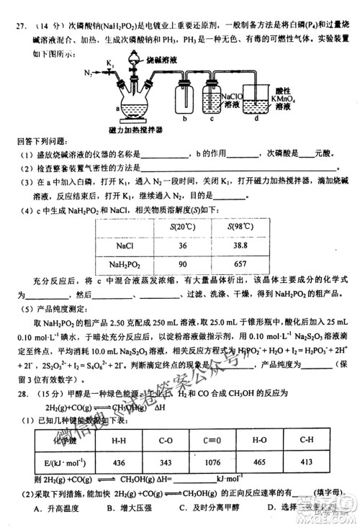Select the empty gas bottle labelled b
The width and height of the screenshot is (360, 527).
tap(185, 100)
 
